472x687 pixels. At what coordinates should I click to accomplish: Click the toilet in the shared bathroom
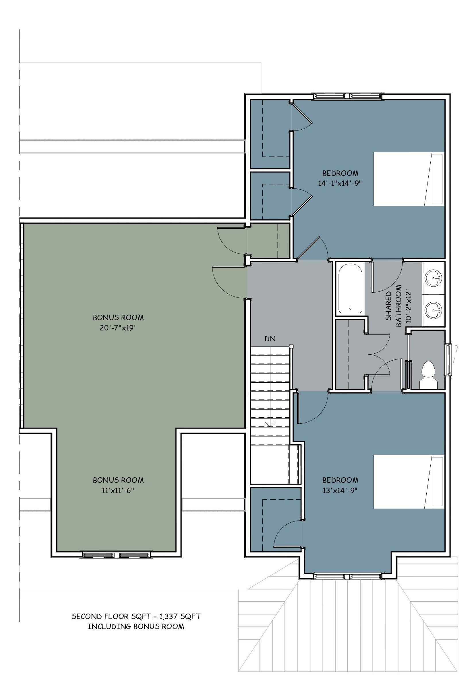click(x=429, y=375)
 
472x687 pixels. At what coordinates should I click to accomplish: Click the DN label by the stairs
click(x=270, y=339)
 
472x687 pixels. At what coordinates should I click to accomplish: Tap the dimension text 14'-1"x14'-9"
click(x=340, y=183)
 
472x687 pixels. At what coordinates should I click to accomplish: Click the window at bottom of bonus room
click(x=116, y=555)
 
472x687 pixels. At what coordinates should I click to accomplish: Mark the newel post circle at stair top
click(x=291, y=346)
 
